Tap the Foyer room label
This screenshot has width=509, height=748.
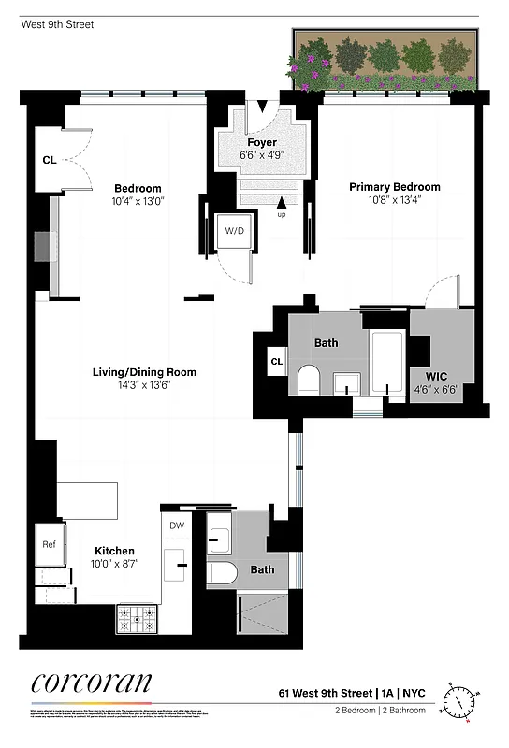point(262,143)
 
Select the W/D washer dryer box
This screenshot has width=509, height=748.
point(234,231)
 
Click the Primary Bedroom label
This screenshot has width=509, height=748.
point(394,187)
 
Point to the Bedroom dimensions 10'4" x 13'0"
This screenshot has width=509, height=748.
point(138,200)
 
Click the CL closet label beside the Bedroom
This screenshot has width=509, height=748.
point(49,160)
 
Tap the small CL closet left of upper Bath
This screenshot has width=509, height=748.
point(276,362)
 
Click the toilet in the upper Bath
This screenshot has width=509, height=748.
point(308,380)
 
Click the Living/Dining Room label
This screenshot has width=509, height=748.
point(144,372)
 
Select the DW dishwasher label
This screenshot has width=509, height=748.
point(177,525)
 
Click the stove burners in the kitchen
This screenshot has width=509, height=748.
point(137,618)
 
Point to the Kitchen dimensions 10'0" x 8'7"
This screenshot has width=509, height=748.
point(113,564)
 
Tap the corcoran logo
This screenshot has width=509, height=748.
point(92,683)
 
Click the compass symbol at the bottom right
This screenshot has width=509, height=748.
point(461,699)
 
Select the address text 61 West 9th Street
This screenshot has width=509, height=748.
point(323,694)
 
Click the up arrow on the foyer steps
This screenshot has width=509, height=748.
point(282,203)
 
